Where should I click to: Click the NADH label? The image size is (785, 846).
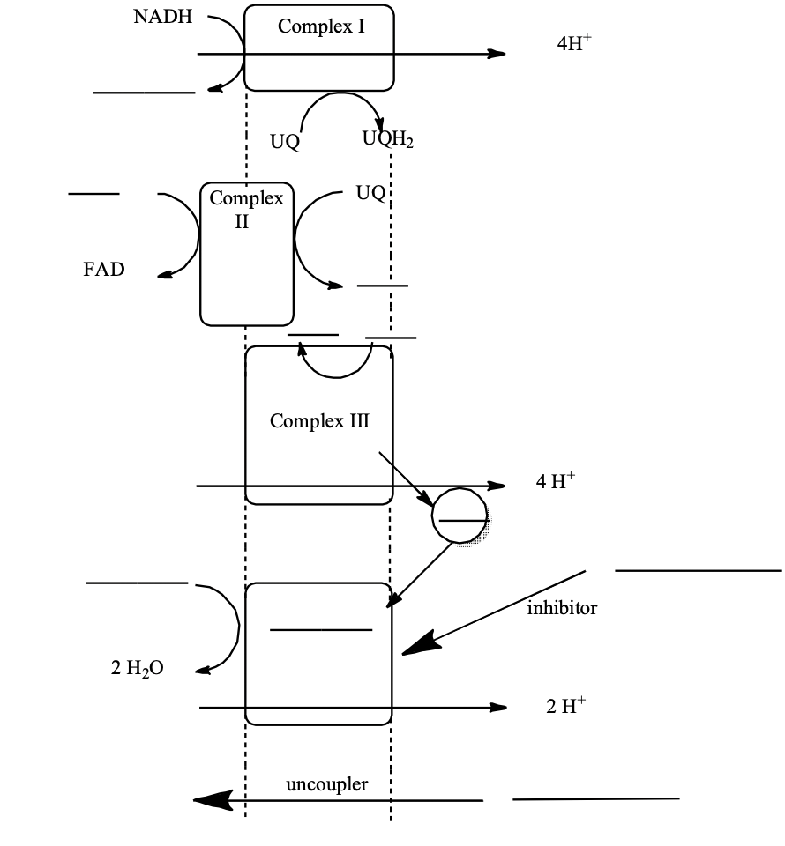[x=163, y=19]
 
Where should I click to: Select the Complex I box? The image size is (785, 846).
[x=318, y=48]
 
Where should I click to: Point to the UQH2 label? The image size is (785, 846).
[x=387, y=139]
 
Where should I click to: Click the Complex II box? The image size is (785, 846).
[x=247, y=254]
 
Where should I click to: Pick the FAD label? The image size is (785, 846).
[x=104, y=270]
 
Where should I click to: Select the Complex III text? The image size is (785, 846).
[x=319, y=421]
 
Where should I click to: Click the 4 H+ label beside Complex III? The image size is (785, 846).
[x=555, y=481]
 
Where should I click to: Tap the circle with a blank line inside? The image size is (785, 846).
[x=460, y=521]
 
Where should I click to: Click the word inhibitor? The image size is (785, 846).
[x=562, y=608]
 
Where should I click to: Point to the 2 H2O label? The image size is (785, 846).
[x=137, y=669]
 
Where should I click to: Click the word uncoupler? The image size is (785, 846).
[x=327, y=783]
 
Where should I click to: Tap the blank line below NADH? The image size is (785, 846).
[x=144, y=92]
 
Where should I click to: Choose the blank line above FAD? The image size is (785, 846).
[x=94, y=193]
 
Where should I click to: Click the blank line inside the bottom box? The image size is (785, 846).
[x=321, y=629]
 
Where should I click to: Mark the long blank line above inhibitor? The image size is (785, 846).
[x=698, y=571]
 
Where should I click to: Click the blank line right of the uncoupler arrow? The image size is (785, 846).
[x=595, y=799]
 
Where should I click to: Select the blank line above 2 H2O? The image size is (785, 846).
[x=137, y=583]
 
